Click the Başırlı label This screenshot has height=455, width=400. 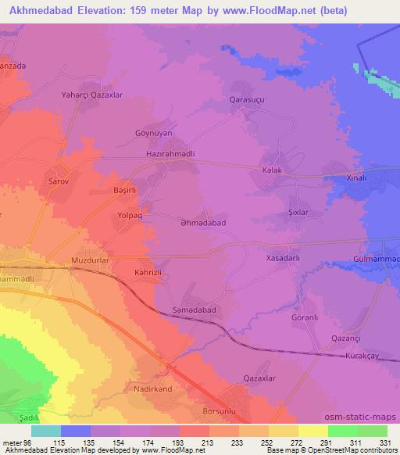point(125,189)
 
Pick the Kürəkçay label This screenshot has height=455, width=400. point(361,356)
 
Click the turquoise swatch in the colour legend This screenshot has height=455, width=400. point(46,431)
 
